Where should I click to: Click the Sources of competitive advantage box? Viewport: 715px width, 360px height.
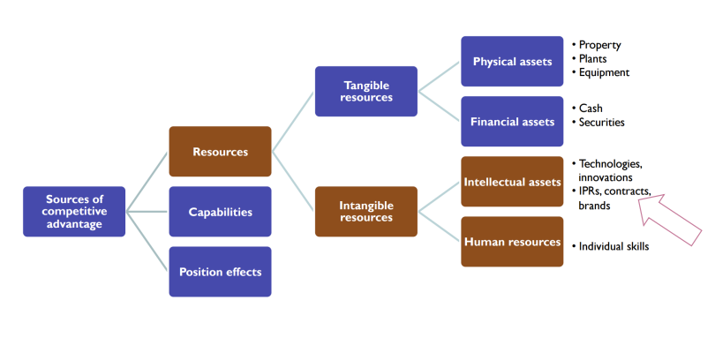click(74, 212)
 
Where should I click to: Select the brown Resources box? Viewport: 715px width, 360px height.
click(220, 152)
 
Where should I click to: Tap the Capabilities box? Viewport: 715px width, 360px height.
click(220, 212)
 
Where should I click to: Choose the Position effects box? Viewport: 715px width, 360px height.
click(220, 272)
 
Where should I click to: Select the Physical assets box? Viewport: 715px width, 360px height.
click(512, 62)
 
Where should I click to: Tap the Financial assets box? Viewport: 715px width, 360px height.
click(512, 122)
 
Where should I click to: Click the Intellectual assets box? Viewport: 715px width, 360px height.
click(512, 183)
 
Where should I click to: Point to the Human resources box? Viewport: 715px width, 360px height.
click(512, 242)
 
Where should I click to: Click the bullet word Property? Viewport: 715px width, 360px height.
click(600, 44)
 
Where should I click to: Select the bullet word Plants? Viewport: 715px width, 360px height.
click(595, 58)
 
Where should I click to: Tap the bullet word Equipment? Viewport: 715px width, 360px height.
click(604, 72)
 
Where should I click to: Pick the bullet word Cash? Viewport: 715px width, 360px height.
click(591, 109)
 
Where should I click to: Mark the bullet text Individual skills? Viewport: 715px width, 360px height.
click(613, 246)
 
